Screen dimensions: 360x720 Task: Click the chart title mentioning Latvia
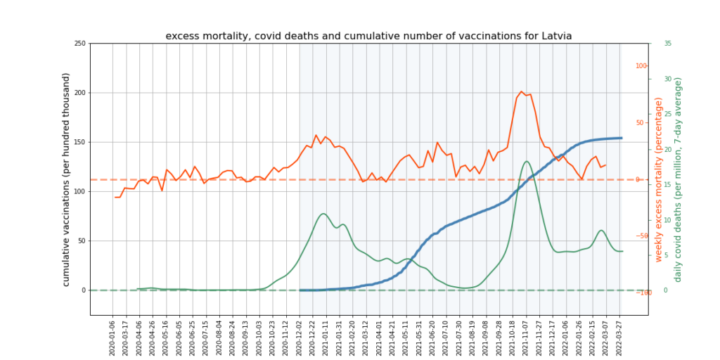pos(368,36)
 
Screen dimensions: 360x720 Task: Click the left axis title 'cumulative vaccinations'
pos(67,180)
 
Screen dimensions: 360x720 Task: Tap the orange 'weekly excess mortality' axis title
pos(659,180)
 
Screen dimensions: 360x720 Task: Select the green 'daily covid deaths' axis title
pos(678,180)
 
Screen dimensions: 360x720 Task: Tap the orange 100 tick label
pos(641,66)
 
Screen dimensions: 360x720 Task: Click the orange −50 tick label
pos(641,236)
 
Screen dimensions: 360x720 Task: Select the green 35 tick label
pos(667,44)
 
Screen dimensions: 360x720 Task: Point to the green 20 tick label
pos(667,149)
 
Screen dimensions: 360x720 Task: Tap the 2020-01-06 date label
pos(112,337)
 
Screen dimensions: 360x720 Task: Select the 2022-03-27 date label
pos(621,337)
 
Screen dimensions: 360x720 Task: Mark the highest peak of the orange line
pos(521,91)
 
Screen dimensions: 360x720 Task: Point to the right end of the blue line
pos(622,138)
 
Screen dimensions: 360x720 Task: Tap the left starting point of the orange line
pos(115,198)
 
